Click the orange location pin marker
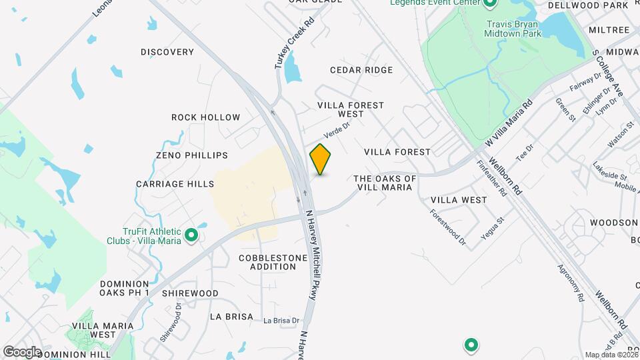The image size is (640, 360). pos(321,159)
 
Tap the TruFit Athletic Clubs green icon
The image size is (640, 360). pos(191,235)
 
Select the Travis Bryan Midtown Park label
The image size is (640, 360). pos(512,27)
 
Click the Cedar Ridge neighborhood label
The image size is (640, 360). pos(361,70)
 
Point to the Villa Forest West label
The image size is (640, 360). pos(351,110)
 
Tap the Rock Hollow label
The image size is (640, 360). pos(205,117)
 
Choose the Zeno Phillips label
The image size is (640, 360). pos(192,155)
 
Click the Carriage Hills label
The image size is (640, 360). pos(175,184)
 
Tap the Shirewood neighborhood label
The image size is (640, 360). pos(190,293)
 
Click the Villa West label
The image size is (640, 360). pos(459,200)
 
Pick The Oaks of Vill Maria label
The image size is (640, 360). pos(385,183)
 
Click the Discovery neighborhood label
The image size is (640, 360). pos(167,52)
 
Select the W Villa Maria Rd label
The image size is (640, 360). pos(509,124)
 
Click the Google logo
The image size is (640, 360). pos(21,352)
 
